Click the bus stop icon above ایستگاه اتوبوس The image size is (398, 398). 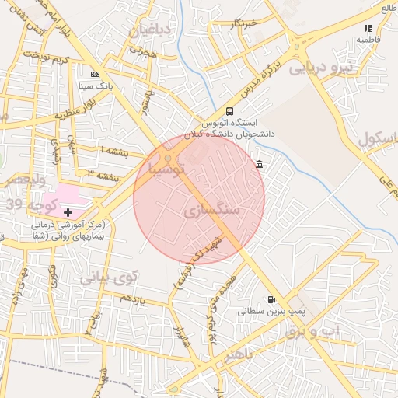(229, 111)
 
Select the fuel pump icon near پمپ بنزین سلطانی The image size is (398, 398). (271, 299)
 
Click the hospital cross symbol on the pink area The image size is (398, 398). (68, 211)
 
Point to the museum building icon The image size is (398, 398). (258, 164)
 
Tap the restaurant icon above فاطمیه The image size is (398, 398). (367, 28)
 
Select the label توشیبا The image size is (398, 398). (167, 167)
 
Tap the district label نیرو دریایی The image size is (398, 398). (320, 68)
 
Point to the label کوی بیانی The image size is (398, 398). (110, 276)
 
